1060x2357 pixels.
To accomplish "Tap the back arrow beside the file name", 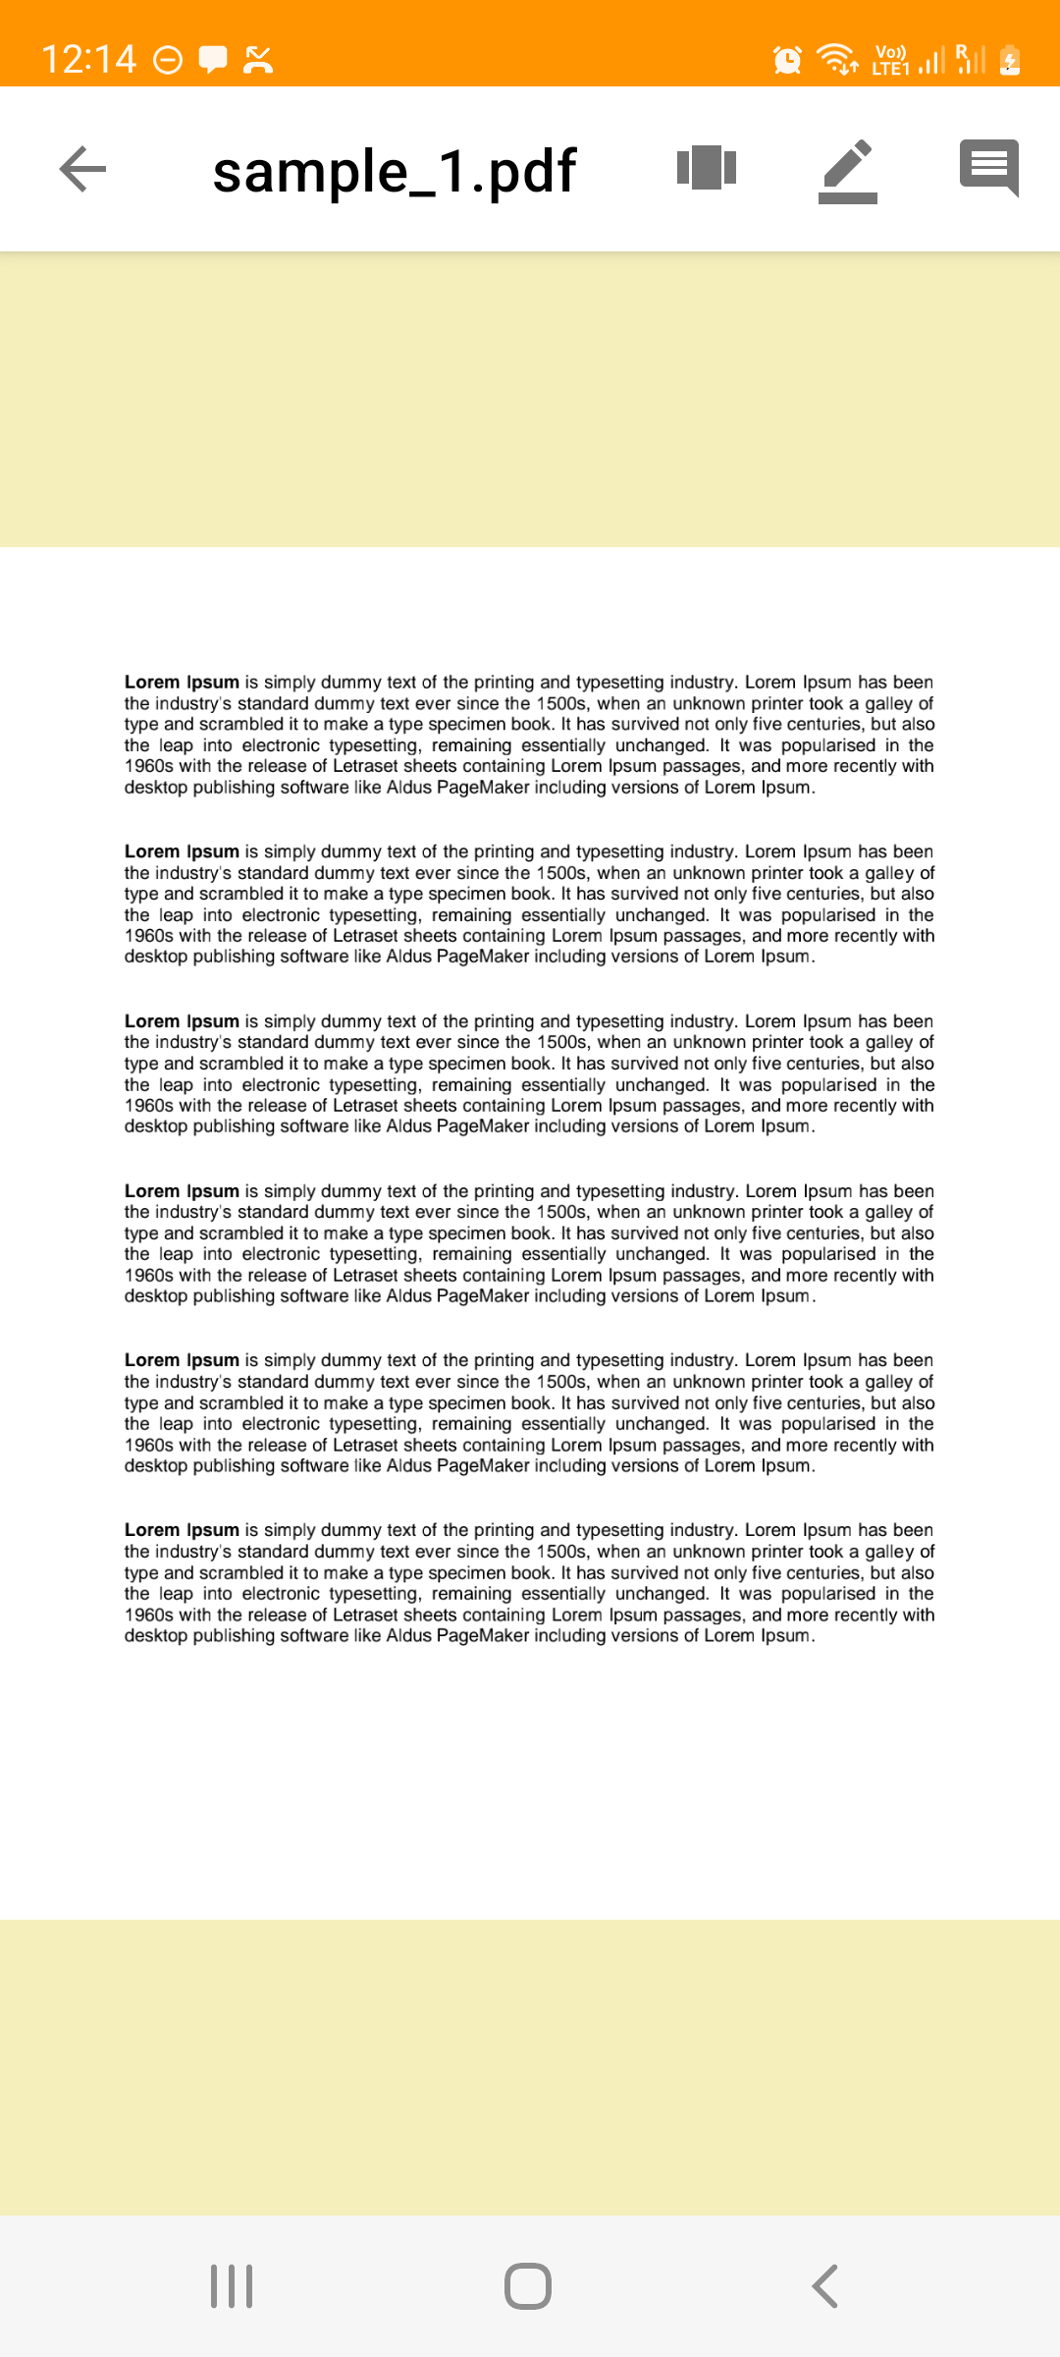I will (x=83, y=169).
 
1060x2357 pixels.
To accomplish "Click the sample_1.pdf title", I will (x=394, y=171).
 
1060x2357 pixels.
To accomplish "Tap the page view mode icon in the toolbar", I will (x=707, y=168).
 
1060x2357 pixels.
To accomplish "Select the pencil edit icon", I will (x=848, y=171).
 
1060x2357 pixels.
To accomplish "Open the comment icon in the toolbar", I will (x=988, y=168).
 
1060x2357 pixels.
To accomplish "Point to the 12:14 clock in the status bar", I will (x=88, y=59).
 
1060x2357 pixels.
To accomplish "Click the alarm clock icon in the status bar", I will (x=787, y=60).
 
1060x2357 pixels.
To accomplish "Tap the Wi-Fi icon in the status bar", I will (x=838, y=59).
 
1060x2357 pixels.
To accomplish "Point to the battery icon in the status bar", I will (x=1010, y=60).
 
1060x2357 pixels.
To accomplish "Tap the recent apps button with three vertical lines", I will (x=232, y=2286).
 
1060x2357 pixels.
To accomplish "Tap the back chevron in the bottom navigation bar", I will (x=825, y=2286).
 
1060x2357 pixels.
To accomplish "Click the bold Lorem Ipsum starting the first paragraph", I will (x=182, y=683).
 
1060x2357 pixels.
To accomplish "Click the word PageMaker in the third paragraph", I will (x=483, y=1126).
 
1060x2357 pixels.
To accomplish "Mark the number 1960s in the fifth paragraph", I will (x=148, y=1446).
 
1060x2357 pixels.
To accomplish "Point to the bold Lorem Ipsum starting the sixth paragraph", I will (x=182, y=1530).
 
